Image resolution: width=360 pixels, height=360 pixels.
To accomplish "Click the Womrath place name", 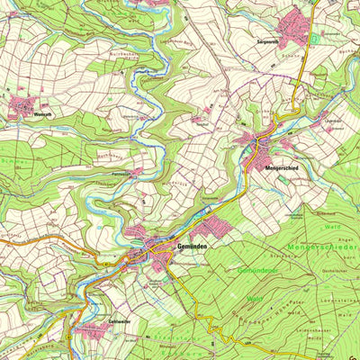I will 42,115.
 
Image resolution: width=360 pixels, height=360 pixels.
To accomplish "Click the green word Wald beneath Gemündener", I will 255,298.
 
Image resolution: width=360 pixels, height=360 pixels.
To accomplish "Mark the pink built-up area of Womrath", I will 22,107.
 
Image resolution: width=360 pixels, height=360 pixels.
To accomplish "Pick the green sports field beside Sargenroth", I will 314,40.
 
